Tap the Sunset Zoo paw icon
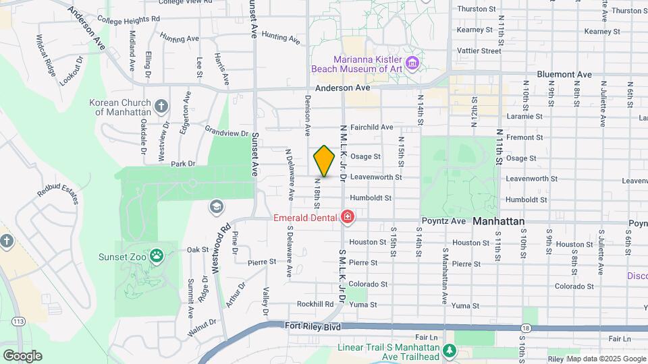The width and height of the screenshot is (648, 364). coord(157,255)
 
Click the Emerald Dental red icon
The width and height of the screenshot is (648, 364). coord(348,217)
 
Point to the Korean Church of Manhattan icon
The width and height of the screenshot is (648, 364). coord(161,106)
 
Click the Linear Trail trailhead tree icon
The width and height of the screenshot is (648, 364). coord(448,351)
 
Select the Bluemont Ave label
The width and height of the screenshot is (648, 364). coord(564,75)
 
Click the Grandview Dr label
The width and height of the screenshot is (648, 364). coord(227,133)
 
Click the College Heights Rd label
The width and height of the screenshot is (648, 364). coord(128,20)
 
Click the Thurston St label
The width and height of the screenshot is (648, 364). coord(477,9)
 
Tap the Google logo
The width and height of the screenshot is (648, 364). coord(22,356)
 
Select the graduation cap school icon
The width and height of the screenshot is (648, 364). coord(217,206)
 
